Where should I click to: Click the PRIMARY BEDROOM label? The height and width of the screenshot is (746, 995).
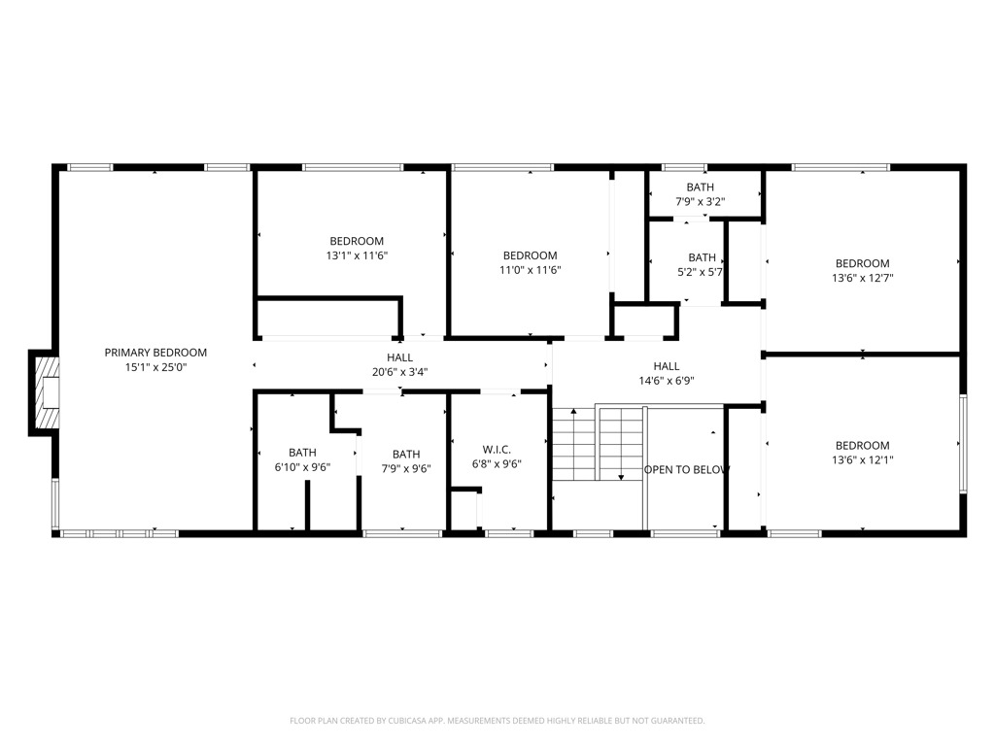pyautogui.click(x=155, y=353)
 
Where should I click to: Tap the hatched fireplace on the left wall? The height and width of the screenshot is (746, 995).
pyautogui.click(x=47, y=392)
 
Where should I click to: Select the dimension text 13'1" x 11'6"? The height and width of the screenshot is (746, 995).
pyautogui.click(x=357, y=255)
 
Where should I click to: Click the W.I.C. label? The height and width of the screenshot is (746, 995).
pyautogui.click(x=497, y=450)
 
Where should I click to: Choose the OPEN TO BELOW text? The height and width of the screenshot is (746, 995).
pyautogui.click(x=687, y=469)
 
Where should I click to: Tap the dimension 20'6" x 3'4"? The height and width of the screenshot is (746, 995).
pyautogui.click(x=399, y=372)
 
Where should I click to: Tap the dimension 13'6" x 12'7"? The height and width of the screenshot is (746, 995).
pyautogui.click(x=863, y=278)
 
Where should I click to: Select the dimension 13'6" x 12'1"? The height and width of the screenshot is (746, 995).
pyautogui.click(x=863, y=459)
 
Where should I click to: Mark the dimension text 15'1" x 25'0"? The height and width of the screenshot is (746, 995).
pyautogui.click(x=155, y=367)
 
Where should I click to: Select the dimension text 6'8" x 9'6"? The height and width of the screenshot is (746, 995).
pyautogui.click(x=497, y=464)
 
